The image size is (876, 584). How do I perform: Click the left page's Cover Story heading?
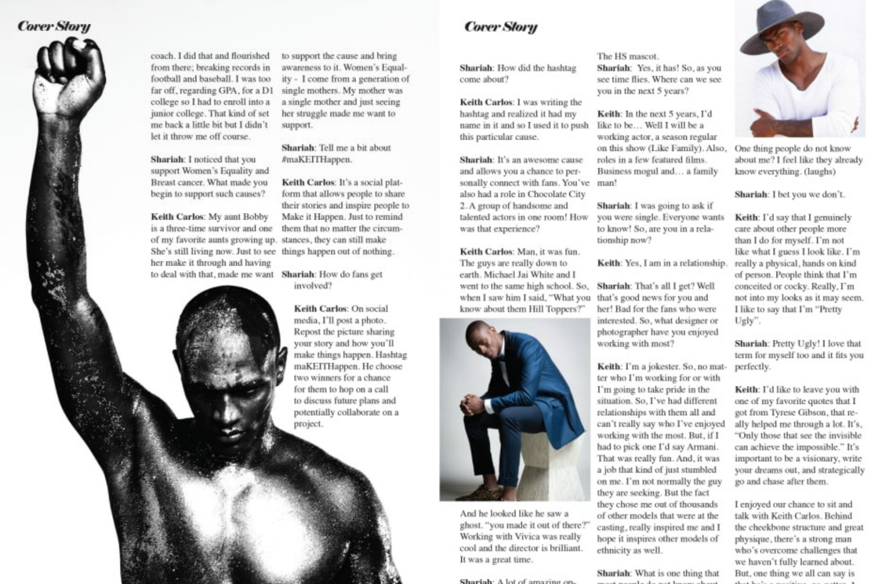54,26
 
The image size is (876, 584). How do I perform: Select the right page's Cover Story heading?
501,27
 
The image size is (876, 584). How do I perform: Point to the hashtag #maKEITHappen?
317,160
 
